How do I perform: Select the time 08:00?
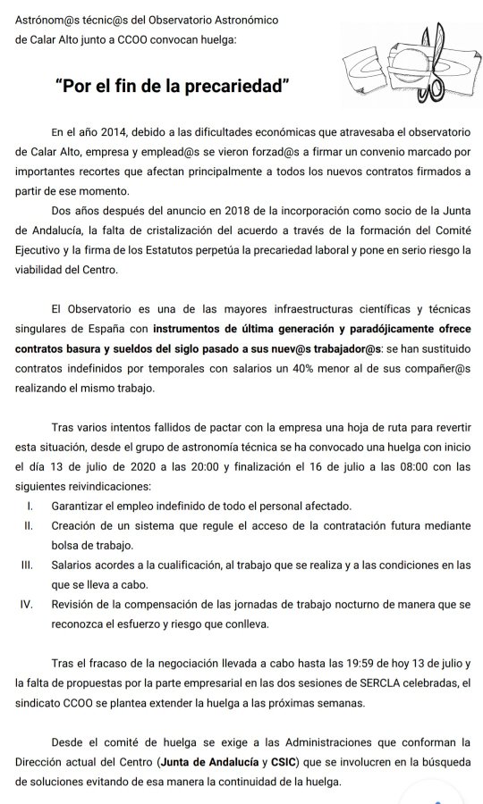[x=411, y=466]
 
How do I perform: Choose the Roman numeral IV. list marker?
[x=27, y=605]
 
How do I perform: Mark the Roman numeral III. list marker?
[x=28, y=565]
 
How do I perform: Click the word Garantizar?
[x=80, y=506]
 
